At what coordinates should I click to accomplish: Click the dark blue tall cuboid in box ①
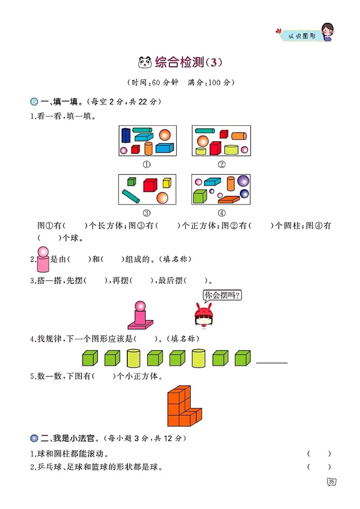click(126, 135)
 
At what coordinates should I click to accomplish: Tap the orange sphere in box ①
click(165, 134)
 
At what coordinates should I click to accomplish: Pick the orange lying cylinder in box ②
click(238, 136)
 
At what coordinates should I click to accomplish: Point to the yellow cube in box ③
click(166, 183)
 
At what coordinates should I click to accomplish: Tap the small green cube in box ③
click(131, 182)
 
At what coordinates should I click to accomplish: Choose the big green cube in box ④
click(199, 197)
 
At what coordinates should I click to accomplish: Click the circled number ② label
click(221, 164)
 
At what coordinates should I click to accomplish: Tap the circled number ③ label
click(147, 213)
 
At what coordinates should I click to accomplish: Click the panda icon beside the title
click(145, 63)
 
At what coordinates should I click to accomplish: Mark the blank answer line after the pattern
click(272, 362)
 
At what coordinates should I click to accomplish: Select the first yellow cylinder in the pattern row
click(134, 358)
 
